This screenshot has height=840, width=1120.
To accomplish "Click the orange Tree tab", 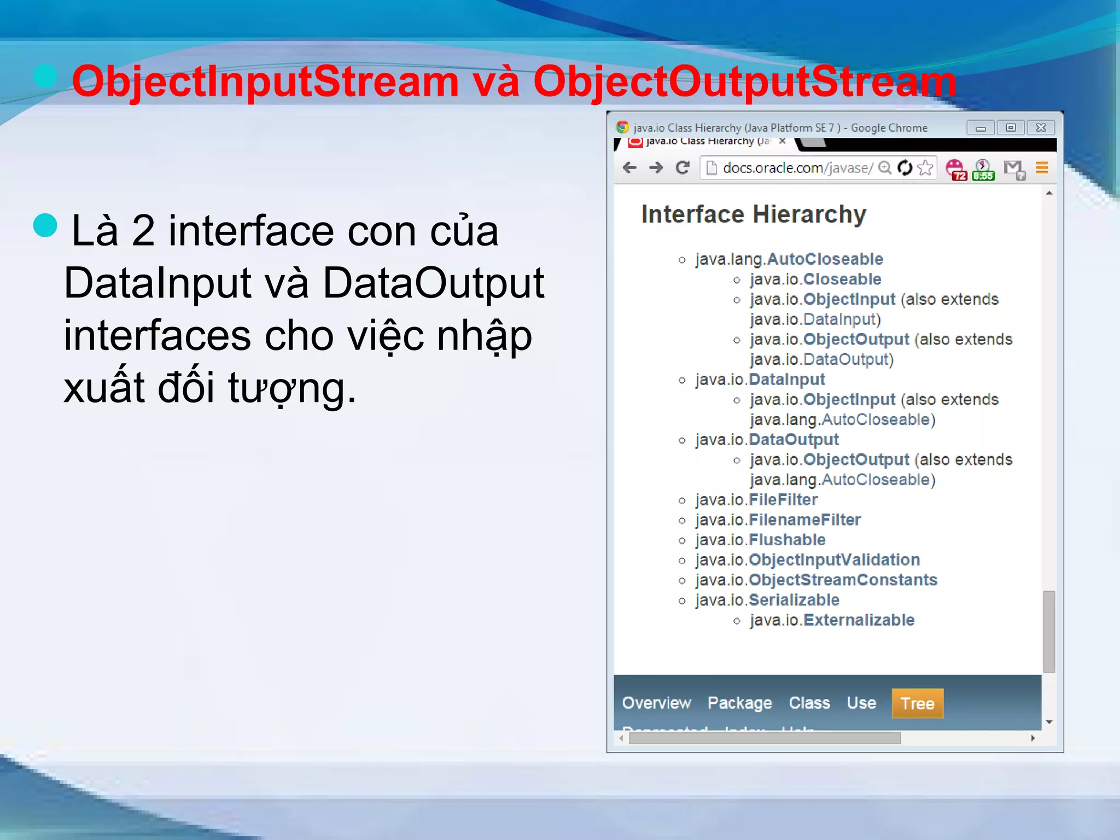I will tap(917, 703).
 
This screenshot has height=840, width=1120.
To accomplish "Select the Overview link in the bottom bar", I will tap(656, 703).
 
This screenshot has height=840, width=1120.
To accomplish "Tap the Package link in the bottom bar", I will tap(739, 703).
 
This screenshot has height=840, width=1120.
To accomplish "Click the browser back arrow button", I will tap(630, 168).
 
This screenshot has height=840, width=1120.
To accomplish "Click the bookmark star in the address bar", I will tap(925, 168).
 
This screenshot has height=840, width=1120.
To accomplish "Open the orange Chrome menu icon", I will tap(1042, 168).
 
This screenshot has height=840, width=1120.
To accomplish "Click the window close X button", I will tap(1041, 128).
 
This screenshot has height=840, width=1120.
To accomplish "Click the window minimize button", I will tap(981, 128).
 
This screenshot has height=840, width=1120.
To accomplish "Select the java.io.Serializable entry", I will tap(767, 600).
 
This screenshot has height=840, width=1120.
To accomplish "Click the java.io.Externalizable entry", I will tap(832, 620).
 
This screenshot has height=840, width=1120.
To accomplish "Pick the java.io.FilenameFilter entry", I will tap(778, 520).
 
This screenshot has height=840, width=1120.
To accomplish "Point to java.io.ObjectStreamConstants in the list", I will tap(816, 580).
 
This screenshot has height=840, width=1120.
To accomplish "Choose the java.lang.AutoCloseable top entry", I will tap(789, 259).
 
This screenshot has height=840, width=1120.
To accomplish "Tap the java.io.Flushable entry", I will tap(760, 540).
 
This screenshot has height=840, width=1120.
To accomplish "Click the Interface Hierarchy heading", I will tap(754, 214).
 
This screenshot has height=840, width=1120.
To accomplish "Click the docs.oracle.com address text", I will tap(797, 168).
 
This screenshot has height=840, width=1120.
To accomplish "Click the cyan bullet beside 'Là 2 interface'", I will tap(45, 225).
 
